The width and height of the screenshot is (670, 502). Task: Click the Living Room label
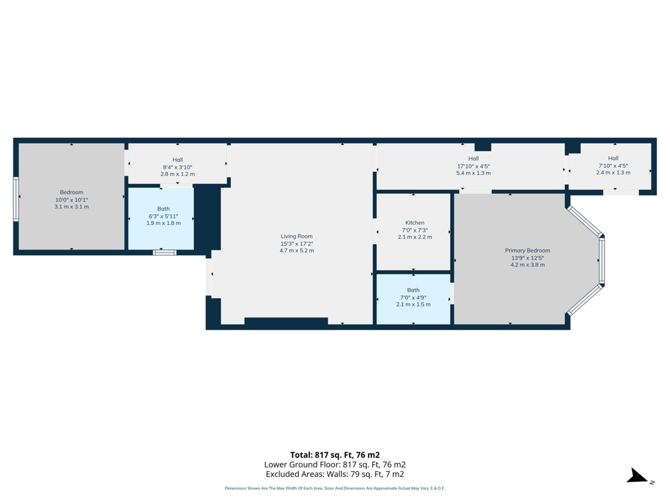tap(296, 236)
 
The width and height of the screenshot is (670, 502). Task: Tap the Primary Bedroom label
tap(527, 250)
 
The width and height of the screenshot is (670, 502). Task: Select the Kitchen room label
tap(415, 223)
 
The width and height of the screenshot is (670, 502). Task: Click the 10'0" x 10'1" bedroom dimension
tap(72, 200)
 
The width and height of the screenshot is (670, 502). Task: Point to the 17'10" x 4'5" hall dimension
tap(473, 166)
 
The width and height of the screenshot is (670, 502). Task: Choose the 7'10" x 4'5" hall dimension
tap(613, 166)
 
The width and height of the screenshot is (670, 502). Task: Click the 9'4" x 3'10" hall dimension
tap(177, 167)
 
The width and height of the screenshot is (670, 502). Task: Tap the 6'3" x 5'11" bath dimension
tap(163, 216)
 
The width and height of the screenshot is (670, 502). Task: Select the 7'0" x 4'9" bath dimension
tap(413, 298)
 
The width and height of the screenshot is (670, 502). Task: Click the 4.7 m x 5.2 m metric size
tap(296, 250)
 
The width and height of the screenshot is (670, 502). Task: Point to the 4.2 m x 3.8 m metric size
tap(527, 265)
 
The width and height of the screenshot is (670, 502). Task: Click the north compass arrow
tap(638, 476)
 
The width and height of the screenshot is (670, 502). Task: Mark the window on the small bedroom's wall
tap(16, 199)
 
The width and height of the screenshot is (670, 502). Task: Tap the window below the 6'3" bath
tap(164, 253)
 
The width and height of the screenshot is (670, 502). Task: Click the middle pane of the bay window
tap(601, 261)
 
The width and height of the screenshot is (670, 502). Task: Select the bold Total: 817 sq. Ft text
tap(334, 455)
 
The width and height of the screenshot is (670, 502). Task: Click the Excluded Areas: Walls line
tap(334, 474)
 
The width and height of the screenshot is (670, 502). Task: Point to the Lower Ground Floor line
tap(334, 464)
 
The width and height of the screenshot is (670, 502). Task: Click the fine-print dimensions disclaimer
tap(334, 488)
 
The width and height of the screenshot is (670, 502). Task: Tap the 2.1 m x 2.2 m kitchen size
tap(415, 237)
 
